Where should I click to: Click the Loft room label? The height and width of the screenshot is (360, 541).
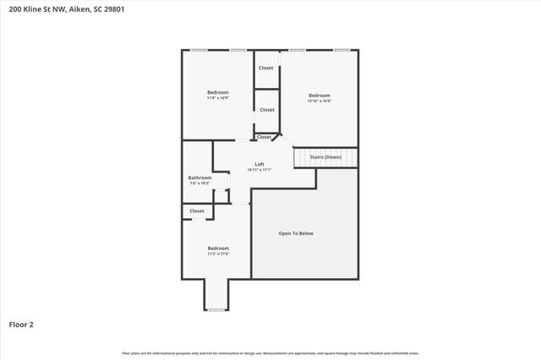click(x=260, y=164)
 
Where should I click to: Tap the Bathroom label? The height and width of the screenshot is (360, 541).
click(x=199, y=177)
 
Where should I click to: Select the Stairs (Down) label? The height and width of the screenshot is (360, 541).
click(x=326, y=157)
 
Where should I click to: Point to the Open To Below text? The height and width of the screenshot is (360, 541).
click(x=296, y=233)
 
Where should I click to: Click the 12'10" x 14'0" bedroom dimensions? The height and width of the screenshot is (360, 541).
click(x=319, y=101)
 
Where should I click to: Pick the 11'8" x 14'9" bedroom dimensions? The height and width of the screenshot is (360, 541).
click(x=218, y=98)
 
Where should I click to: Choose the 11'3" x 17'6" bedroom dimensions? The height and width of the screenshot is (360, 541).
click(x=218, y=254)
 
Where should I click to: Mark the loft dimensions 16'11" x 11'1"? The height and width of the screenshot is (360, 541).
click(x=260, y=170)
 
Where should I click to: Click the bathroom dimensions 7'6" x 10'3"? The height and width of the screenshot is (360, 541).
click(x=199, y=183)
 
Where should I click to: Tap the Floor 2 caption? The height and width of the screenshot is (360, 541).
click(x=21, y=324)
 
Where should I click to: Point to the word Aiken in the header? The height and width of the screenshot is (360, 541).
click(x=81, y=9)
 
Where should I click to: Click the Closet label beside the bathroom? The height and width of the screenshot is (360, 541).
click(x=197, y=211)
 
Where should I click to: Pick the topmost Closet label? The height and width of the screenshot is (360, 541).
click(x=266, y=68)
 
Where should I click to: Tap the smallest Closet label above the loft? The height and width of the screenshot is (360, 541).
click(x=265, y=137)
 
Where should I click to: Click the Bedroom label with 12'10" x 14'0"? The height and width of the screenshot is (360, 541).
click(x=319, y=95)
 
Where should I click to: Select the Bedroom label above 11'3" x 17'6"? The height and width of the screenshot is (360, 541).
click(x=218, y=248)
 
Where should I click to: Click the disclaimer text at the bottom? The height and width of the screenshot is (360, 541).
click(x=270, y=352)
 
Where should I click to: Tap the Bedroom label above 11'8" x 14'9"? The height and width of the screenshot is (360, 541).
click(x=218, y=92)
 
